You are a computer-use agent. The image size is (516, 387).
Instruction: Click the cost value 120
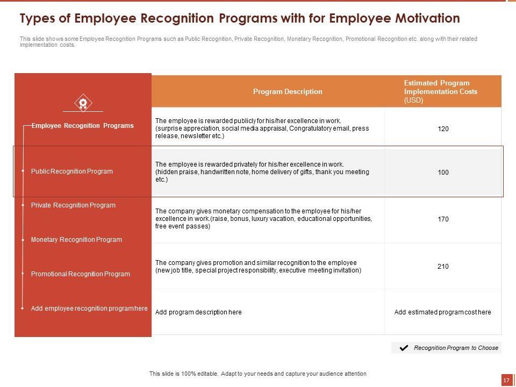point(443,129)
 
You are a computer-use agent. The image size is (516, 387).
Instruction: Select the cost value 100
point(443,173)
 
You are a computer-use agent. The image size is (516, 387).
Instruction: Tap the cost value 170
point(443,219)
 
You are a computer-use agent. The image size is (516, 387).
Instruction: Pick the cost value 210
point(443,267)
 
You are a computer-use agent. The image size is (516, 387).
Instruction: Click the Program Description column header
point(288,92)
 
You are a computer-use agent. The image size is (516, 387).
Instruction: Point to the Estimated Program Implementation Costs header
point(440,91)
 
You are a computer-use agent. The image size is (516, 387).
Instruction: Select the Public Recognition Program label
point(72,171)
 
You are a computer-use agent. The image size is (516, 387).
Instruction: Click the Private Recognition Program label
point(73,205)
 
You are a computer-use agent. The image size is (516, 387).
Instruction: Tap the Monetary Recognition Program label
point(76,240)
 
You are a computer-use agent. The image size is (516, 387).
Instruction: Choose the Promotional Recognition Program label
point(81,274)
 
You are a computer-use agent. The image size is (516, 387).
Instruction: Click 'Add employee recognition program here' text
point(89,309)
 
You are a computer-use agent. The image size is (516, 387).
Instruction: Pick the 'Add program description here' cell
point(198,312)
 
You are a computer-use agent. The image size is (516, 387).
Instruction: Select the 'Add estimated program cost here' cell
point(442,312)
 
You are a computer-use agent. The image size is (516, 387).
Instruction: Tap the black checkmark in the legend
point(404,348)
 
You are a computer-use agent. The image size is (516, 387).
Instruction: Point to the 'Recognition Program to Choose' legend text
point(456,348)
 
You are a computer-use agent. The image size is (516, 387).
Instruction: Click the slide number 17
point(506,380)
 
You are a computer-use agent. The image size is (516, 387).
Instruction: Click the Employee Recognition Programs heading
point(83,126)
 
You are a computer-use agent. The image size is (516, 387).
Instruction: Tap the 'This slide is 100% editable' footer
point(257,374)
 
